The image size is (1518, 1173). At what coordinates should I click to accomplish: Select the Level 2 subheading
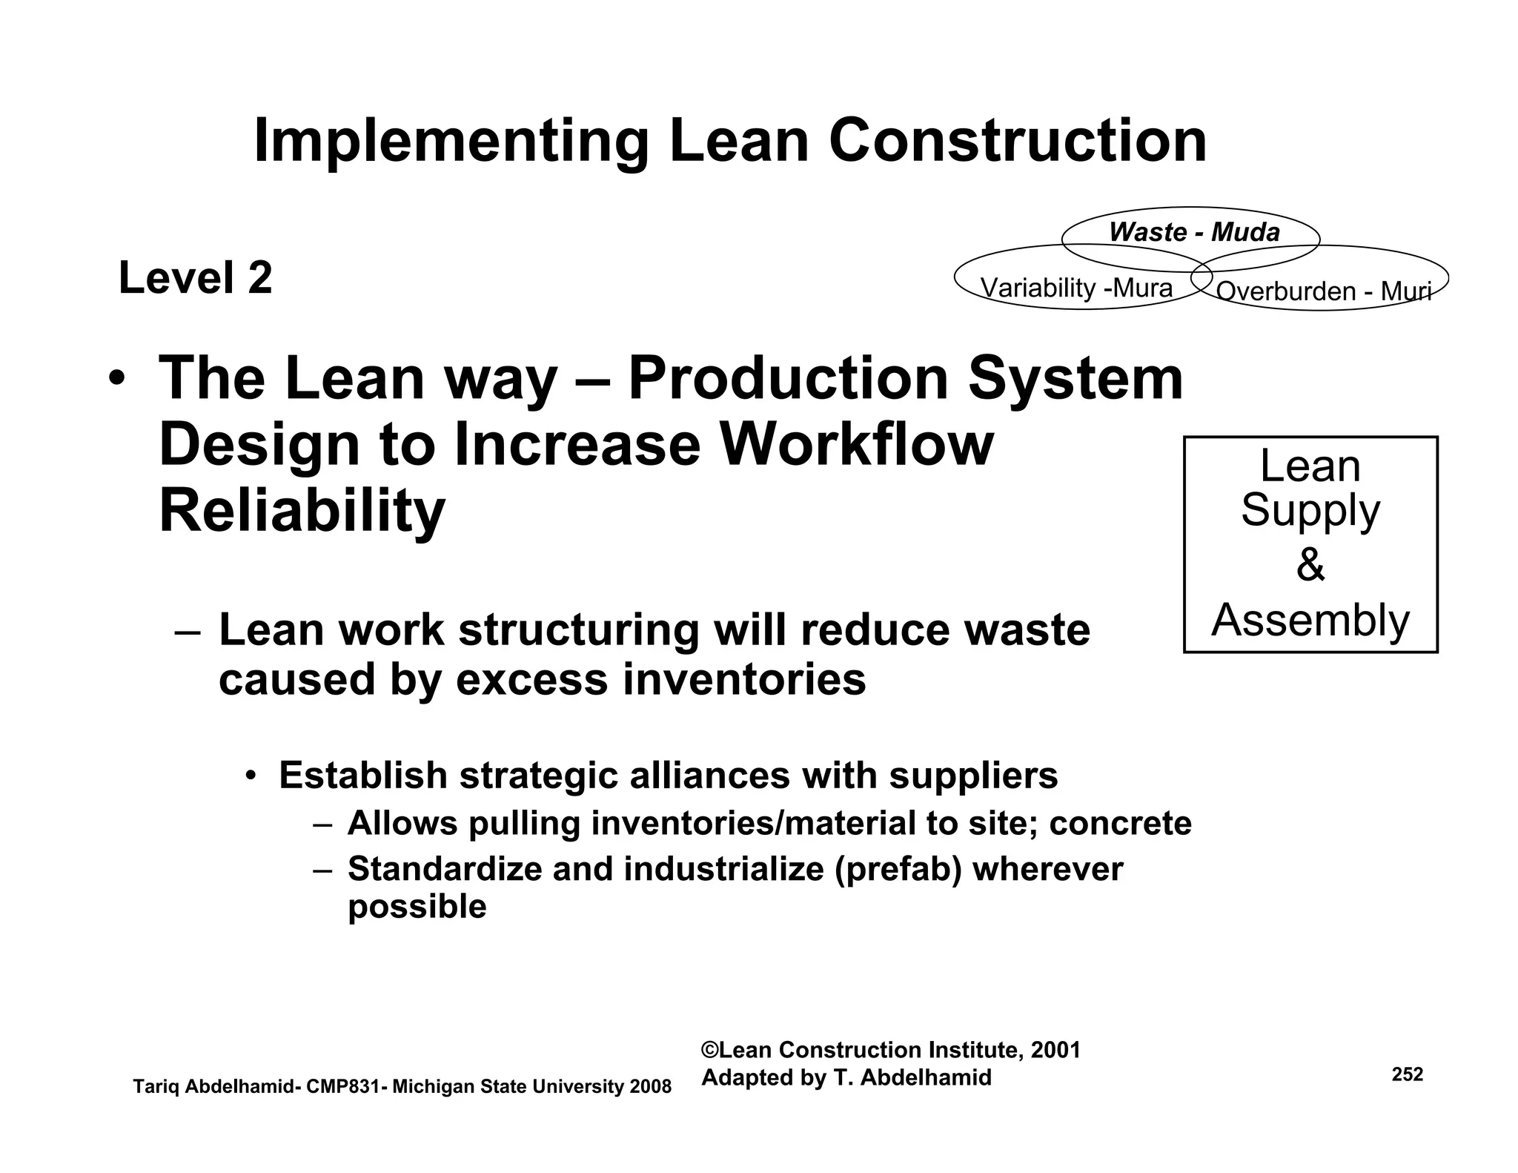tap(196, 278)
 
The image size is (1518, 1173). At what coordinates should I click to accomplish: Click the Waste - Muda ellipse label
tap(1194, 233)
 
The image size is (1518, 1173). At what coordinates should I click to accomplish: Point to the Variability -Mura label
tap(1076, 288)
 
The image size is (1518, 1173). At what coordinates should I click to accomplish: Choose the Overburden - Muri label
tap(1323, 291)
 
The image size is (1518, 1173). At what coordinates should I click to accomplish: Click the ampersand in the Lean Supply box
tap(1310, 565)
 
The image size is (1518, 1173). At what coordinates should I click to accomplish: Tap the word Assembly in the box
tap(1310, 620)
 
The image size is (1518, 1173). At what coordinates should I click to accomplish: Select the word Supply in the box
tap(1310, 511)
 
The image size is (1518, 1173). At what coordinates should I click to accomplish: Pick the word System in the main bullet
tap(1075, 379)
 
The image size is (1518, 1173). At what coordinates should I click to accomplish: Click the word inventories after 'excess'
tap(744, 679)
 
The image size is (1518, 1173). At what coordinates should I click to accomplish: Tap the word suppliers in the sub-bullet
tap(973, 776)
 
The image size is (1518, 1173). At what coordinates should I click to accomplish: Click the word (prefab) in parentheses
tap(898, 869)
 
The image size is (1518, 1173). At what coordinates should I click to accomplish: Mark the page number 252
tap(1408, 1074)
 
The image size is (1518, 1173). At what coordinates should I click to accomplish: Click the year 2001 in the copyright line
tap(1055, 1050)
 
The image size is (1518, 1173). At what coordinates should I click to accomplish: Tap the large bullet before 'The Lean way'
tap(116, 379)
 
